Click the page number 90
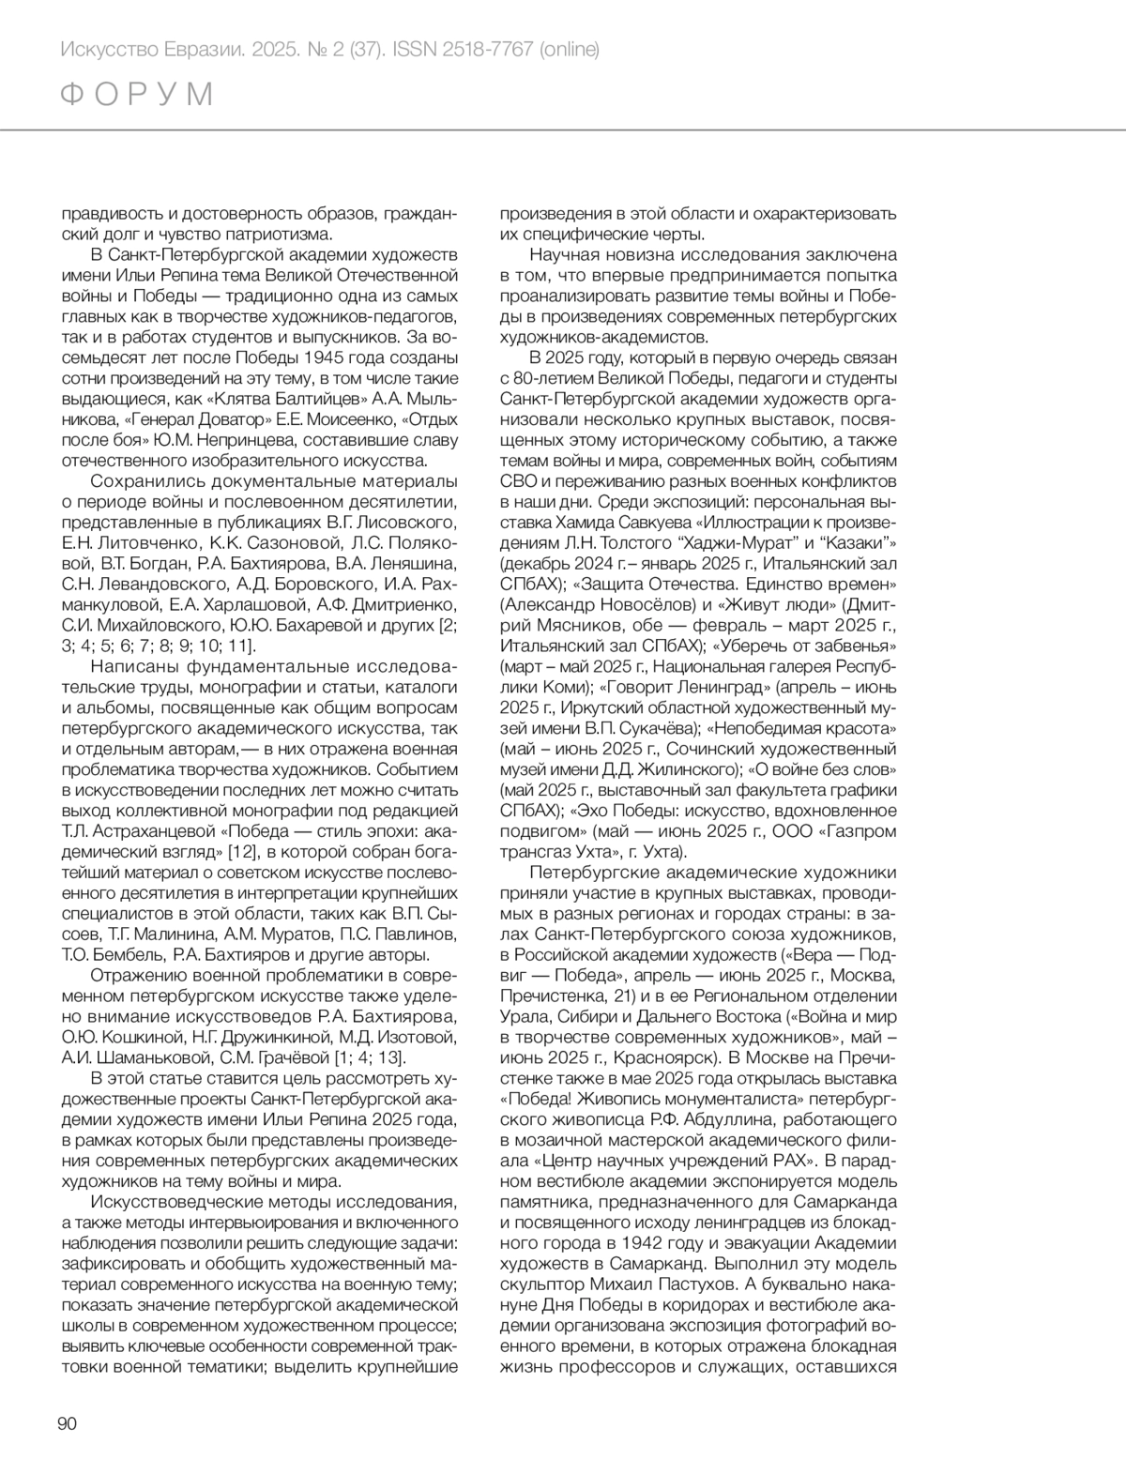tap(67, 1422)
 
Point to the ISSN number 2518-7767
tap(488, 49)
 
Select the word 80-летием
tap(553, 378)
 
